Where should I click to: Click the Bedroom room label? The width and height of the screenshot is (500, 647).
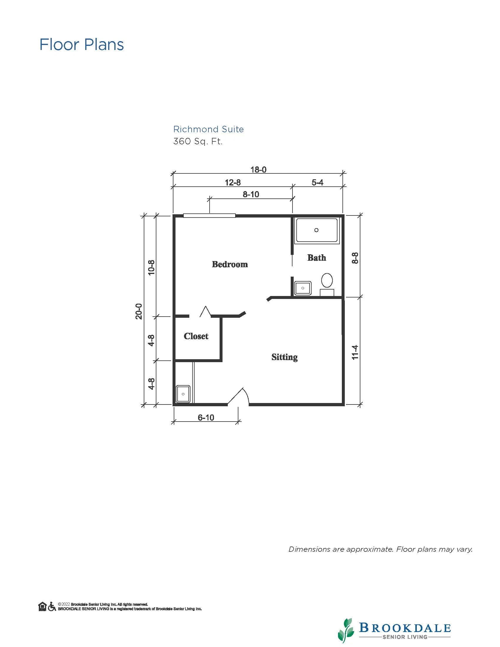tap(230, 264)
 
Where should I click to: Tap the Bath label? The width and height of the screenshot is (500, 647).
tap(317, 258)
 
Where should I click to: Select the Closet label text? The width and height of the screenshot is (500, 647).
tap(196, 336)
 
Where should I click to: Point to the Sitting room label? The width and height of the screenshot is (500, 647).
tap(284, 357)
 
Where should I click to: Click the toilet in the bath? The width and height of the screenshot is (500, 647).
tap(327, 284)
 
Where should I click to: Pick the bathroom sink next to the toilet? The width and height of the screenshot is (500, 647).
tap(303, 288)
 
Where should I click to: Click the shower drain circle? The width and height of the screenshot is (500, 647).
tap(316, 230)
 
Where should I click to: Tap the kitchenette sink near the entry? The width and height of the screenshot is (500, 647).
tap(183, 394)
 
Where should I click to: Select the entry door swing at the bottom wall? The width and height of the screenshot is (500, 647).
tap(238, 396)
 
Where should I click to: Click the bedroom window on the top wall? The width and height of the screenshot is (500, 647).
tap(209, 215)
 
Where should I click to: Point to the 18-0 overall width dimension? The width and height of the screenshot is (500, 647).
tap(258, 169)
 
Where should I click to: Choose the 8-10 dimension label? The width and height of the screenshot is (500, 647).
tap(251, 194)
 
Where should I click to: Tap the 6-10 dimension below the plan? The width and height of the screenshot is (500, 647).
tap(206, 417)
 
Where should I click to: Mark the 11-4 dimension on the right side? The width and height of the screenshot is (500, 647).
tap(355, 352)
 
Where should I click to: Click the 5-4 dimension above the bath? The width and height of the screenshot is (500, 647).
tap(317, 183)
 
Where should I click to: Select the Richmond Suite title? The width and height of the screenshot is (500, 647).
tap(208, 129)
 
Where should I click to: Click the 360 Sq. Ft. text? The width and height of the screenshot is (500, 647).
tap(198, 141)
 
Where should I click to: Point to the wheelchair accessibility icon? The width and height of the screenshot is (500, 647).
tap(52, 606)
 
